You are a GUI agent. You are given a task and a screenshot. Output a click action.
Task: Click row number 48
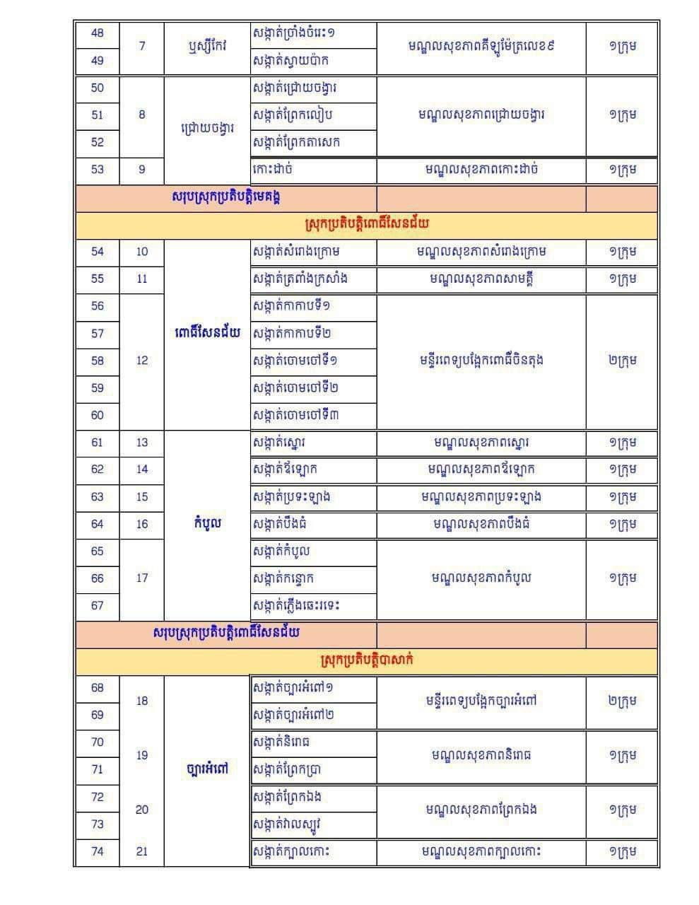98,33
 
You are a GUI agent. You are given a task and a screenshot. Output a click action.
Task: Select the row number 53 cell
98,169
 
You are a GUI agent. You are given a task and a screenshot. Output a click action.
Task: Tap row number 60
98,415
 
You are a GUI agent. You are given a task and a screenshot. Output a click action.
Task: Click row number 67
98,605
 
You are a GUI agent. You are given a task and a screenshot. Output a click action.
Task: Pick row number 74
98,851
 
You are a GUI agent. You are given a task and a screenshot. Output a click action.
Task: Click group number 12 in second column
142,361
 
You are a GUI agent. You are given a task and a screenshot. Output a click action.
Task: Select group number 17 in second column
142,578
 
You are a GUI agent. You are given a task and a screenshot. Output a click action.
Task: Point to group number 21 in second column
142,851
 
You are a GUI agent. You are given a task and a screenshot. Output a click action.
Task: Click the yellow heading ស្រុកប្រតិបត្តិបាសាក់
367,660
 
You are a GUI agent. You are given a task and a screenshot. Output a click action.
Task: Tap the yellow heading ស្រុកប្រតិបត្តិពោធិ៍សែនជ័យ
367,224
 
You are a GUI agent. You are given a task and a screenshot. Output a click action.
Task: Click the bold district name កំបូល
207,524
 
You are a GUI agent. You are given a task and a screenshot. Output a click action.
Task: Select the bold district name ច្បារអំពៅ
207,769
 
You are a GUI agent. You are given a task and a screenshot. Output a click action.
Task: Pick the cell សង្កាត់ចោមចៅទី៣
295,415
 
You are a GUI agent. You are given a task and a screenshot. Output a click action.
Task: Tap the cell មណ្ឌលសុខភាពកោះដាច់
481,169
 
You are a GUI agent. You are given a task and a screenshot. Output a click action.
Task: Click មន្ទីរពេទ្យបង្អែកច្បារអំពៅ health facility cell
481,701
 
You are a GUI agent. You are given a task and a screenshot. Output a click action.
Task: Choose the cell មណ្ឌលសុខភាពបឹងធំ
481,524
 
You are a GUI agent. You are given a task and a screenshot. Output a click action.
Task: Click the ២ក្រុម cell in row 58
622,361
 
